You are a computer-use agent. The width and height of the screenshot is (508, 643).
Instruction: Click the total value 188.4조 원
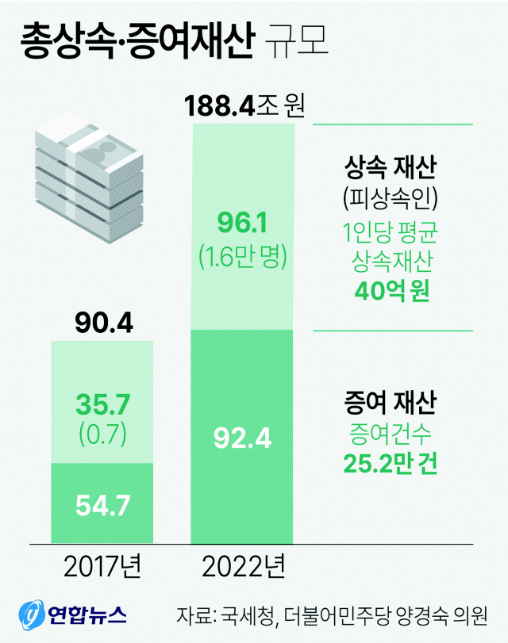244,105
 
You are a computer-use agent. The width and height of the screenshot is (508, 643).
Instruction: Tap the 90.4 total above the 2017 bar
103,323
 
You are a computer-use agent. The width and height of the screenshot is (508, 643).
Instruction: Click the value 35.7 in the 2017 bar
102,405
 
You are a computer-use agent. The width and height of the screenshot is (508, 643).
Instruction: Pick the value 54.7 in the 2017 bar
102,504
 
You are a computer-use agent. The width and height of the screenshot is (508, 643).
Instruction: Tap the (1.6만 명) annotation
243,256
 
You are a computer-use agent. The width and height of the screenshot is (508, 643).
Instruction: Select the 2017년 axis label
102,567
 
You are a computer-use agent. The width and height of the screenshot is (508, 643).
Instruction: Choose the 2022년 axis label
243,567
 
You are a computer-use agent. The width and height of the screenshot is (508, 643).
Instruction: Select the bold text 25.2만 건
391,462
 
